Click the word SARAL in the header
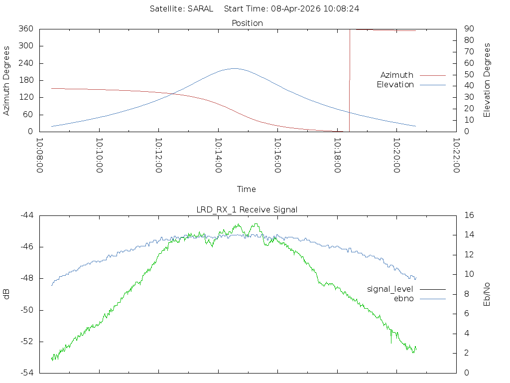coord(201,8)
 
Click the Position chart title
coord(248,23)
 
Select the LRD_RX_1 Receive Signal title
coord(247,209)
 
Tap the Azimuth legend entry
coord(397,75)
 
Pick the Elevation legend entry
coord(395,85)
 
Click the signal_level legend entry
coord(390,289)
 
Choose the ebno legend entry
coord(403,298)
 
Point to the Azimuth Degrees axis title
coord(7,80)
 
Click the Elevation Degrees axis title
coord(487,80)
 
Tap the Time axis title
coord(246,189)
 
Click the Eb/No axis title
coord(487,294)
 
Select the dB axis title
coord(7,294)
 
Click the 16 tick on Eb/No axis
coord(469,215)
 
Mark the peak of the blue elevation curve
coord(234,68)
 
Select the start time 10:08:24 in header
coord(342,8)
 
